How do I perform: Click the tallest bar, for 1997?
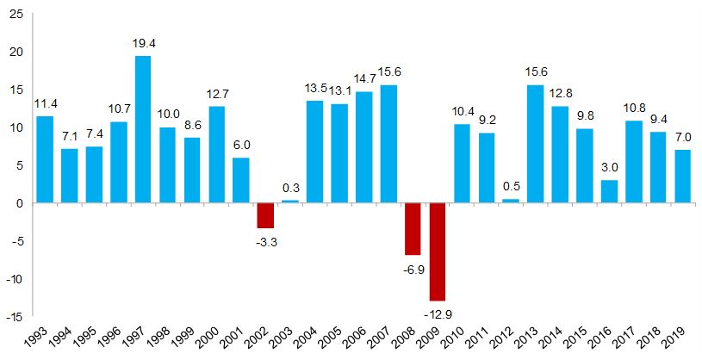click(x=143, y=129)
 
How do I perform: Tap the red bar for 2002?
click(x=265, y=215)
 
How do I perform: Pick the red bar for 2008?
click(x=413, y=229)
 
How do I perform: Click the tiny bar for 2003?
click(x=289, y=202)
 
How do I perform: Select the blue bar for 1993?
click(x=45, y=159)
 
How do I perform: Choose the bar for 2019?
click(x=682, y=177)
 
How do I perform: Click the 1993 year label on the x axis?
click(x=37, y=337)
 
